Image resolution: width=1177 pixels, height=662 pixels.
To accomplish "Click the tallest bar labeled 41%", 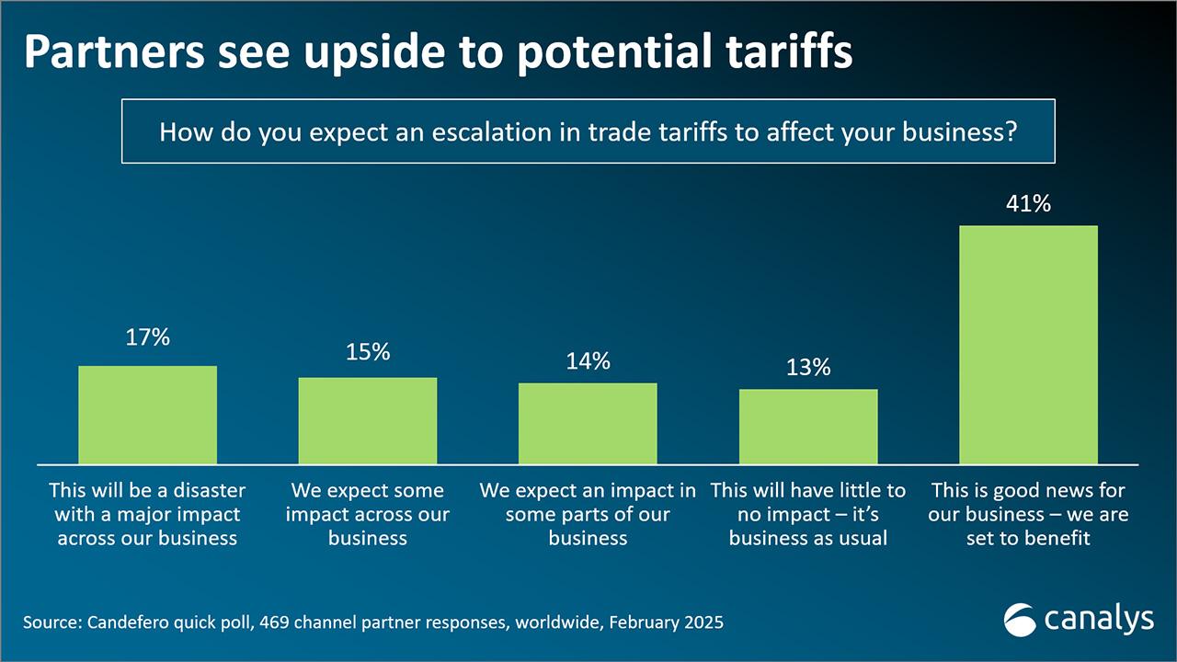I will (1028, 345).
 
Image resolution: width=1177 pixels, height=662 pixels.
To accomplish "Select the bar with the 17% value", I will (147, 415).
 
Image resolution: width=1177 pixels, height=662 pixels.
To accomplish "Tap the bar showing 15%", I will (368, 420).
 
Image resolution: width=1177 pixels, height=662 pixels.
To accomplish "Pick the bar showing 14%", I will (588, 423).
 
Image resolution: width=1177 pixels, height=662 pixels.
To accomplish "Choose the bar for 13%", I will (808, 427).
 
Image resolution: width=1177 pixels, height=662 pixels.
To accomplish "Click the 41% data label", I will (1028, 204).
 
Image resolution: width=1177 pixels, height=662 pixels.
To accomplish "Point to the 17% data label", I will (147, 337).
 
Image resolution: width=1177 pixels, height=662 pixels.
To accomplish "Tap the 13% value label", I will (808, 368).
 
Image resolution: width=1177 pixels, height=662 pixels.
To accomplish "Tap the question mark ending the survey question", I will (1011, 131).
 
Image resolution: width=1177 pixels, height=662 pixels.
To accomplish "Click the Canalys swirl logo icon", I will (1020, 620).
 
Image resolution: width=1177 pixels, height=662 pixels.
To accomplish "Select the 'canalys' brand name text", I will (1099, 620).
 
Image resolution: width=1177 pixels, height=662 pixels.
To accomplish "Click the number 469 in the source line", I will (275, 622).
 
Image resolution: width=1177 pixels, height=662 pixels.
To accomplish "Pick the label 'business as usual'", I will (808, 538).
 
